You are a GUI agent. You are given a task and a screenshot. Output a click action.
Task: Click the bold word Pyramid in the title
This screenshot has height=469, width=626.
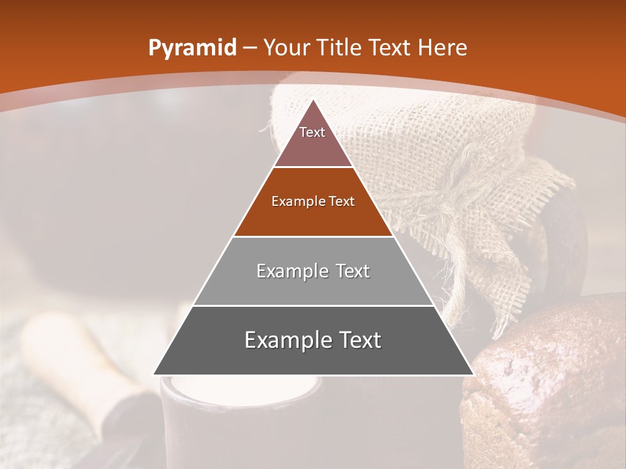pyautogui.click(x=192, y=48)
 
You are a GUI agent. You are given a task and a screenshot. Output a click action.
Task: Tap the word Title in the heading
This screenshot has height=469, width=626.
pyautogui.click(x=338, y=48)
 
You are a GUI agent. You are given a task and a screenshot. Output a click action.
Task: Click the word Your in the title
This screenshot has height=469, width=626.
pyautogui.click(x=288, y=48)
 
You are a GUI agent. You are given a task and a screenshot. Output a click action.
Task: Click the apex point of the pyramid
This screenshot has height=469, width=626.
pyautogui.click(x=314, y=100)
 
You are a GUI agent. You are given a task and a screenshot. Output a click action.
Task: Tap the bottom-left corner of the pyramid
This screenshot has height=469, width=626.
pyautogui.click(x=154, y=375)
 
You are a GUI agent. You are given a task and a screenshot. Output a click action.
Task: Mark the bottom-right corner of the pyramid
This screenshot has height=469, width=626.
pyautogui.click(x=473, y=375)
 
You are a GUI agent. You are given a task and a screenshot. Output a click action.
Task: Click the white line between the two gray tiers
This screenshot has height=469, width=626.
pyautogui.click(x=313, y=306)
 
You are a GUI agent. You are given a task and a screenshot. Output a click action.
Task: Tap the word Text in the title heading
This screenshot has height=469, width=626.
pyautogui.click(x=391, y=48)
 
